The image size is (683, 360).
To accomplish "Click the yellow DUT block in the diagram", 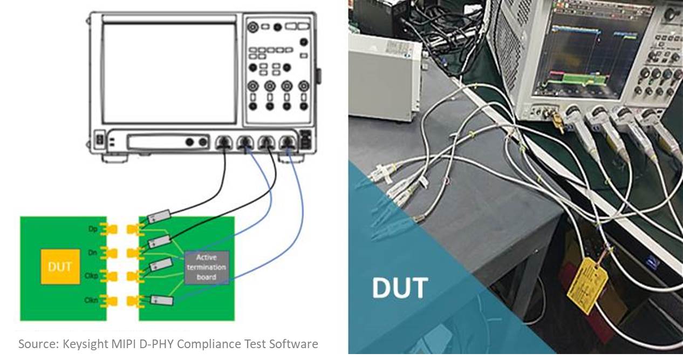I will (x=60, y=267).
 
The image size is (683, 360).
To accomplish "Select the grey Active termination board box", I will (x=206, y=267).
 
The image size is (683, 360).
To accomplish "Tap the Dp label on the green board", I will (x=93, y=228).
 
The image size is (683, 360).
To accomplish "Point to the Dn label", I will (x=93, y=252).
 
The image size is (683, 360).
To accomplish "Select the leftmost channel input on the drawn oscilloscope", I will (x=223, y=142).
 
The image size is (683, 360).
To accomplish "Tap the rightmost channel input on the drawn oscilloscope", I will (x=287, y=142).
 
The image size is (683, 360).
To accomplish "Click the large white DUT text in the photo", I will (x=400, y=288).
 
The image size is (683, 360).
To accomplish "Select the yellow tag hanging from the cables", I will (x=587, y=284).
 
